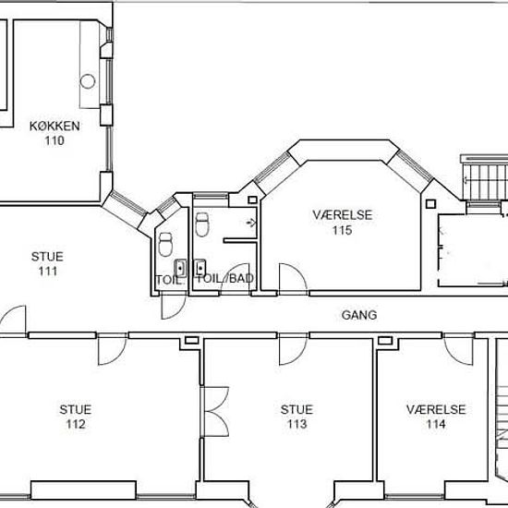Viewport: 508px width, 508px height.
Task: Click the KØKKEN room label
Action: click(54, 126)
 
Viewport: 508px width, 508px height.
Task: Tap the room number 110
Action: click(54, 140)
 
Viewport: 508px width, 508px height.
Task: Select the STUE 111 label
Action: click(48, 264)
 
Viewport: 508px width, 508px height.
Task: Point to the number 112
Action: click(76, 424)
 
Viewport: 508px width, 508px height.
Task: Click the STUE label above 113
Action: click(296, 409)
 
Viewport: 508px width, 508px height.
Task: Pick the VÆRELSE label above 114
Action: click(436, 409)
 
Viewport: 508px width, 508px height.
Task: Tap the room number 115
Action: click(342, 230)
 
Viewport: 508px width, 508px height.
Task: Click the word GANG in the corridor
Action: click(359, 315)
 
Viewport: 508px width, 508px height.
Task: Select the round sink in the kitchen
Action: click(88, 81)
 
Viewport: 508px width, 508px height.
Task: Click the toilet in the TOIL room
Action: click(165, 244)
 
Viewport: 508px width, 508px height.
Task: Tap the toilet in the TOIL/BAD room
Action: click(202, 224)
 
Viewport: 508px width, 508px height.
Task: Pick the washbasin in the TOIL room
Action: click(180, 268)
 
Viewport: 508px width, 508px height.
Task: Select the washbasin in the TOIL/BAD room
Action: click(200, 268)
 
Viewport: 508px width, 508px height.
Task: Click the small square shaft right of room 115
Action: click(430, 204)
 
